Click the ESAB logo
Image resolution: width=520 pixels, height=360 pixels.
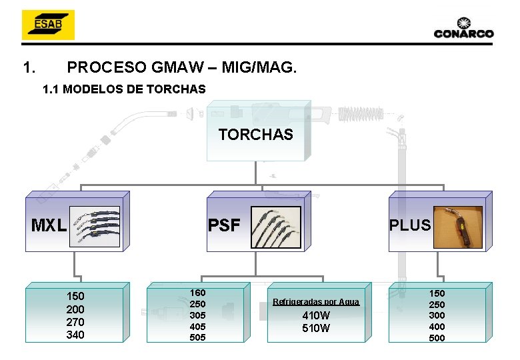(47, 25)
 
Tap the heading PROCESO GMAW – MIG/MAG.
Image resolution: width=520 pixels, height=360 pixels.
(183, 67)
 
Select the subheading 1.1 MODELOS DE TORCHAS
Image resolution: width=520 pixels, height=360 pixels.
(124, 89)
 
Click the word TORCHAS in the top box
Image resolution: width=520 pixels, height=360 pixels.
(255, 135)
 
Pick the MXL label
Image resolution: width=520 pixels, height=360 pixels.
(49, 225)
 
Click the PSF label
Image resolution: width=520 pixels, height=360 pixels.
(224, 225)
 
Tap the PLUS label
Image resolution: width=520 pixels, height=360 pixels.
(410, 225)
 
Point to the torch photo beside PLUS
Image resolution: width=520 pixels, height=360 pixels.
(458, 227)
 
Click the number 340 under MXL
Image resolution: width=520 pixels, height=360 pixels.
(75, 335)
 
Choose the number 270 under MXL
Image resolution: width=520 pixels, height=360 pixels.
(75, 322)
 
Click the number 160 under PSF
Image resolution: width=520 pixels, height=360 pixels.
(198, 293)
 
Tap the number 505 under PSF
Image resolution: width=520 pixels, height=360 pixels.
(198, 337)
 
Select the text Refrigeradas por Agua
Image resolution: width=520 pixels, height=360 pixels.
(316, 302)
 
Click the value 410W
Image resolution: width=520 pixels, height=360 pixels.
(316, 315)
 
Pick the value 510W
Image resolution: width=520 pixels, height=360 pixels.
(316, 328)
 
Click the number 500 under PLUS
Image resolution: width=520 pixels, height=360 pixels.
(437, 338)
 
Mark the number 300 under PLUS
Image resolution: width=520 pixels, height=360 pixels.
(437, 315)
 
